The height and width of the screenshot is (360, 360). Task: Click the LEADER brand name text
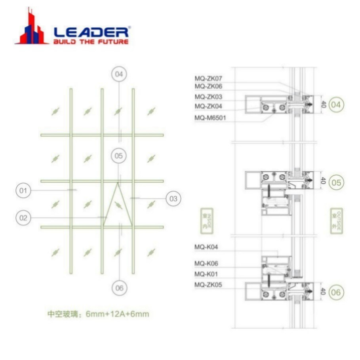91,31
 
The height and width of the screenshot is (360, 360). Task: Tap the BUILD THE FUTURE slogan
91,42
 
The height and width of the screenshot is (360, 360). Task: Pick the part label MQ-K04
206,247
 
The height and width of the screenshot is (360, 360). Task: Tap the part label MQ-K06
206,263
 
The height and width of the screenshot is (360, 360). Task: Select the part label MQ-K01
206,274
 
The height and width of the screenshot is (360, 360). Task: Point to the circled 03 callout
173,198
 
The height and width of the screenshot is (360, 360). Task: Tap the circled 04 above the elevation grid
119,74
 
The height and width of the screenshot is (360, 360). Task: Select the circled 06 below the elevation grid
119,288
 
